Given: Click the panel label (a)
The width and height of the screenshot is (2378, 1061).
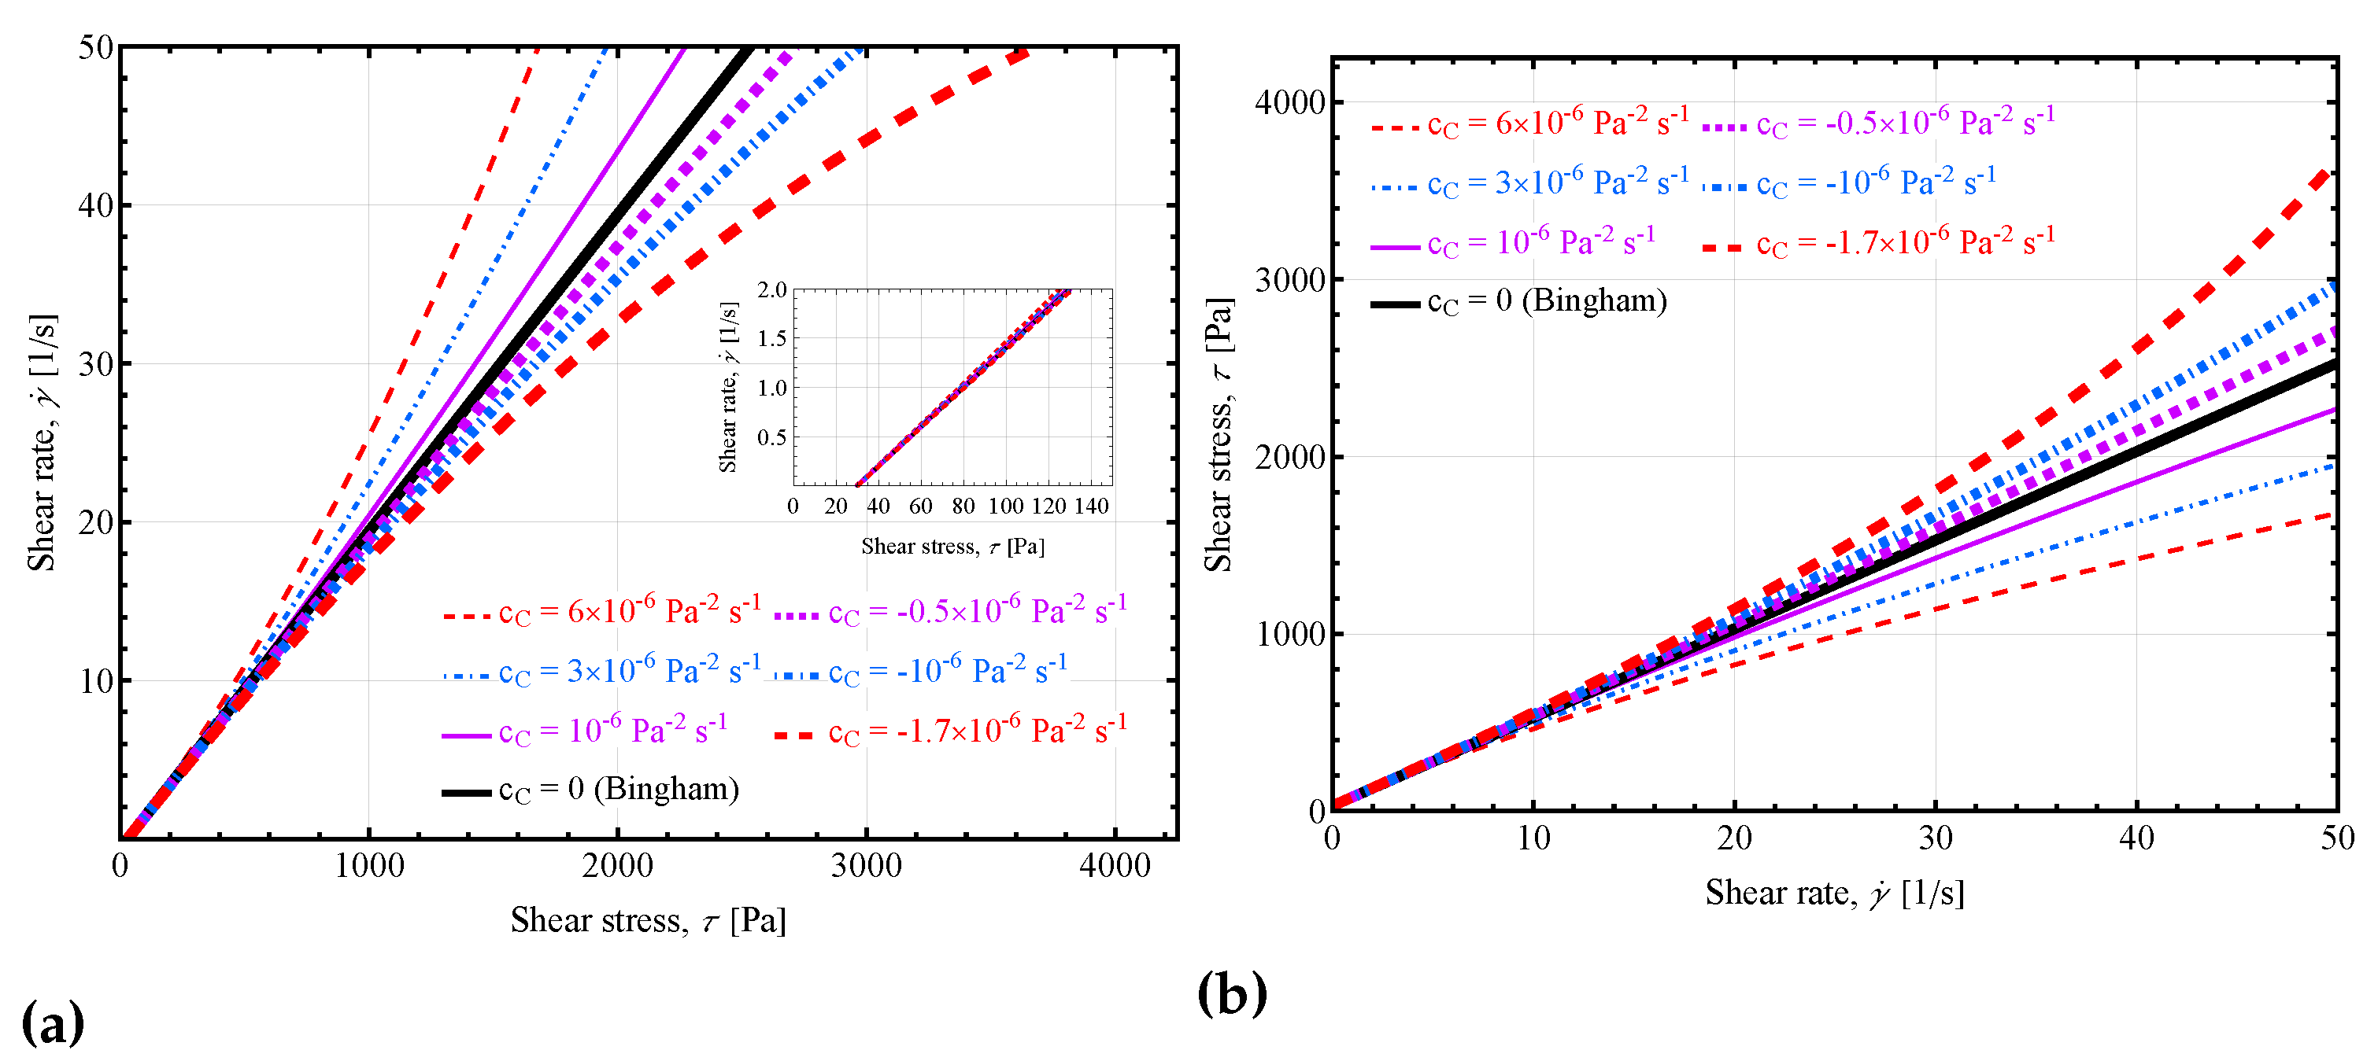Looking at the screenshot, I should (53, 1022).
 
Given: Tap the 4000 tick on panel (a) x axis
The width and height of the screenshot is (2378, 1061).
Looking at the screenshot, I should (1115, 865).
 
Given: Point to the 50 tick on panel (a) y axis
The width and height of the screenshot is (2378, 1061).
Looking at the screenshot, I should (95, 47).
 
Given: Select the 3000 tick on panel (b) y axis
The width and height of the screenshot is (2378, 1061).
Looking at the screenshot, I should (1289, 279).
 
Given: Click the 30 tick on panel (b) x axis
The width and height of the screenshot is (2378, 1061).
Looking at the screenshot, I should (1935, 838).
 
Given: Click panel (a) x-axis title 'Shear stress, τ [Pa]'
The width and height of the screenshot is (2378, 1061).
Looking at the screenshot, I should (648, 920).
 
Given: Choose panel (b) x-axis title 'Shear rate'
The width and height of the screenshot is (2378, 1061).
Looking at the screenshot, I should (1834, 892).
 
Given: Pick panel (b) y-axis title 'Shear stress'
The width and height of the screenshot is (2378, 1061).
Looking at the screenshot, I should (1219, 433).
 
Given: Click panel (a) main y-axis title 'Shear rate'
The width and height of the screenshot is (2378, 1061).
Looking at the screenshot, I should (43, 443).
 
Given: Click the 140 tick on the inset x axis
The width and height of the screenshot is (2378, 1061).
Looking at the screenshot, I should (1091, 506).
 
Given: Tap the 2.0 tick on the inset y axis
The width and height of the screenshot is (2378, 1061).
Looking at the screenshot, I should (771, 289).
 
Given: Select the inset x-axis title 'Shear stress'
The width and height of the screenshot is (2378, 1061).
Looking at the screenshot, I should (952, 546).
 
